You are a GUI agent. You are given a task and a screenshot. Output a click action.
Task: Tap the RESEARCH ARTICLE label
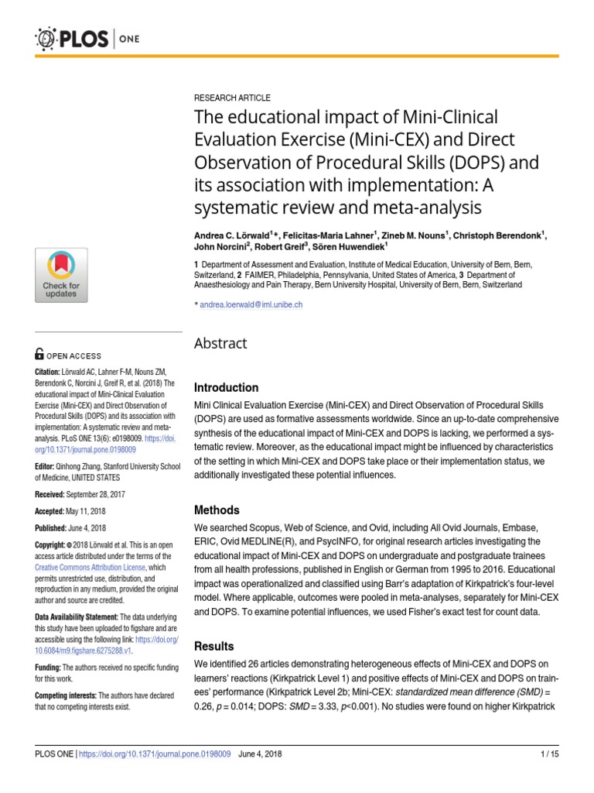click(231, 98)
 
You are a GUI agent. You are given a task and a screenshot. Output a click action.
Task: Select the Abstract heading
click(220, 343)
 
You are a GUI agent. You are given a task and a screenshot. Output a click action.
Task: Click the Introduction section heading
click(226, 387)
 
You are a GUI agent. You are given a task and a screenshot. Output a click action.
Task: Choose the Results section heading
click(213, 646)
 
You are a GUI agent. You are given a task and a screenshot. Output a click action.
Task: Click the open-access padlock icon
click(39, 355)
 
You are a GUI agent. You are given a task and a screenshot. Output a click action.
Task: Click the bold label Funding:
click(48, 668)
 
